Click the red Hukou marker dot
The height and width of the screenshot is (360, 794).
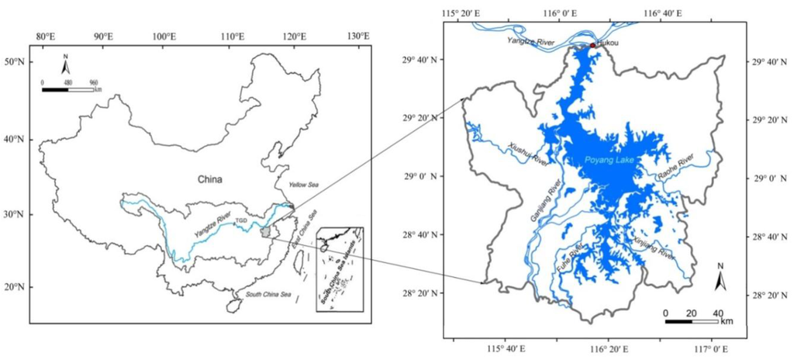[x=592, y=46]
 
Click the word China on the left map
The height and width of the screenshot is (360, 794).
[x=209, y=179]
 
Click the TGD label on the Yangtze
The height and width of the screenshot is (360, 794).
[x=241, y=221]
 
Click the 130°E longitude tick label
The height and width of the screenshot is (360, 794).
[x=358, y=14]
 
